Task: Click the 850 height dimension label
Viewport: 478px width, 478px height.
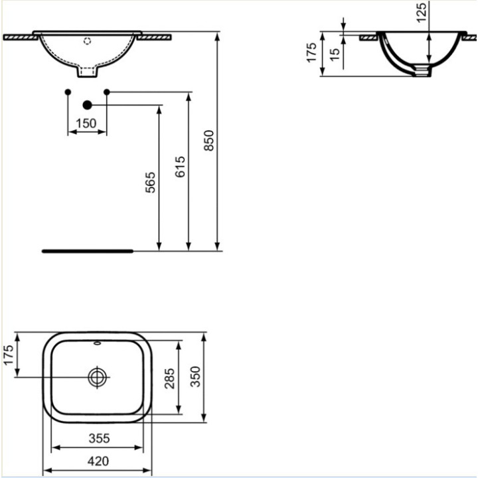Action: [x=209, y=141]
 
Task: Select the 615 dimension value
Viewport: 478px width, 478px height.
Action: [x=180, y=167]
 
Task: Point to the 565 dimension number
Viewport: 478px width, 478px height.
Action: [x=150, y=183]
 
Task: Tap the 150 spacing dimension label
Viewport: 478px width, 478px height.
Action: [x=86, y=123]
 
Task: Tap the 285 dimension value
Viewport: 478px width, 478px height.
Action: [x=170, y=378]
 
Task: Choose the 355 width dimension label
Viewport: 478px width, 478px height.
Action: [x=98, y=438]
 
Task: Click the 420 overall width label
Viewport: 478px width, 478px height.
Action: [x=98, y=461]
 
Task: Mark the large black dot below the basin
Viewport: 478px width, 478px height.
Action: [x=87, y=104]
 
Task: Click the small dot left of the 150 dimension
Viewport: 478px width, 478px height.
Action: [x=68, y=91]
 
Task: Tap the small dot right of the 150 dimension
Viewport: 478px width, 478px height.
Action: [x=106, y=91]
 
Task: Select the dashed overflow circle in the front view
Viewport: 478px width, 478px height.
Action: [x=87, y=40]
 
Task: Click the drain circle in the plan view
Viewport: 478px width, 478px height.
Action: [x=98, y=377]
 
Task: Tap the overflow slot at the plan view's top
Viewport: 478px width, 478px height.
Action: [x=98, y=344]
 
